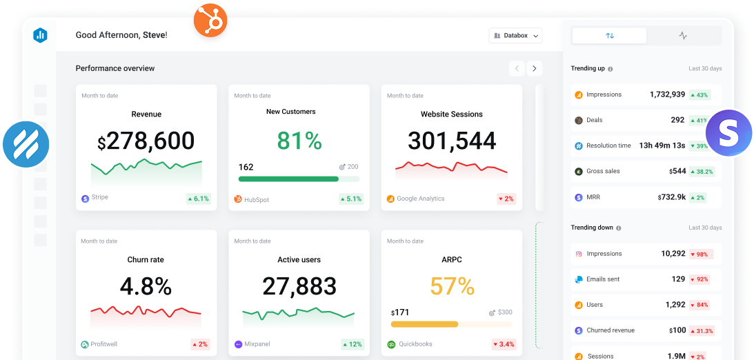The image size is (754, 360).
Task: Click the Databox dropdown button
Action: pyautogui.click(x=515, y=35)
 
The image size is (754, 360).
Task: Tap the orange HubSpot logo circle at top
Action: pyautogui.click(x=210, y=21)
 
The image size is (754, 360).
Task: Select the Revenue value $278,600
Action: pyautogui.click(x=146, y=141)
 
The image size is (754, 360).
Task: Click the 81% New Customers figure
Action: pyautogui.click(x=299, y=141)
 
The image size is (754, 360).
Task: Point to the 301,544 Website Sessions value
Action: pyautogui.click(x=452, y=141)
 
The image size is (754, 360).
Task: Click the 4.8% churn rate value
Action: pyautogui.click(x=146, y=286)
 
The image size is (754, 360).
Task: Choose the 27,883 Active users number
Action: pyautogui.click(x=299, y=286)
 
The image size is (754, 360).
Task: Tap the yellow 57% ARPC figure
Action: pyautogui.click(x=452, y=286)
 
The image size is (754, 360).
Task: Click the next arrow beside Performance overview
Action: pyautogui.click(x=535, y=68)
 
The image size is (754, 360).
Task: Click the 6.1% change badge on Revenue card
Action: pyautogui.click(x=198, y=199)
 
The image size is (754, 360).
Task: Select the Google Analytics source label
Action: pyautogui.click(x=420, y=199)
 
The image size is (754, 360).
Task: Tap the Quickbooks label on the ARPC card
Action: pyautogui.click(x=416, y=344)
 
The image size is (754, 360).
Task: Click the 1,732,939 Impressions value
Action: pyautogui.click(x=667, y=94)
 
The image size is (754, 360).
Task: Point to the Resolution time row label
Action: pyautogui.click(x=608, y=146)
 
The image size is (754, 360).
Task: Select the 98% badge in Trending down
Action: pyautogui.click(x=700, y=254)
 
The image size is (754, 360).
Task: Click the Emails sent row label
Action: pyautogui.click(x=603, y=279)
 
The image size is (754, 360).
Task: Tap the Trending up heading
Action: pyautogui.click(x=588, y=68)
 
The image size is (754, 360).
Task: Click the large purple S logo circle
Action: pyautogui.click(x=730, y=132)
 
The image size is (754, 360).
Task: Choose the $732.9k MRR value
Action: pyautogui.click(x=671, y=197)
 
